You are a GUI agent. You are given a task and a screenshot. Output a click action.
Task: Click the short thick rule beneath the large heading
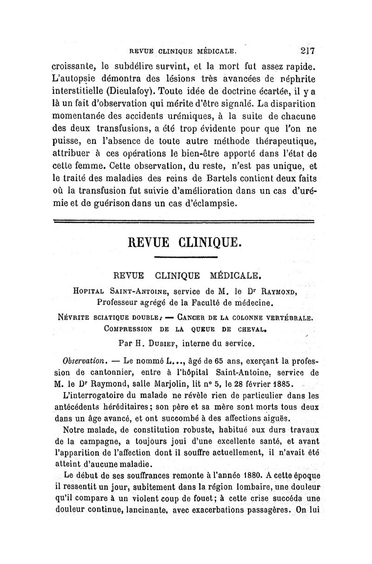pos(186,257)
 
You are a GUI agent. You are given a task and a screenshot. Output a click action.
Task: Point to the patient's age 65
pos(212,361)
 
